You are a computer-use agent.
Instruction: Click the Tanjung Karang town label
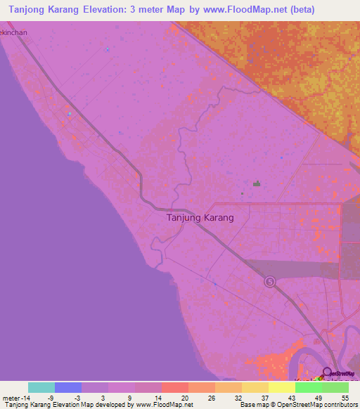(x=200, y=218)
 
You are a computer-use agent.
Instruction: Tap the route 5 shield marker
(x=270, y=282)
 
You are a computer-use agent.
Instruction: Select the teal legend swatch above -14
(x=41, y=387)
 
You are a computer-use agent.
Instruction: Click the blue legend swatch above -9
(x=68, y=387)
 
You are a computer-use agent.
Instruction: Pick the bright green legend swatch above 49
(x=308, y=387)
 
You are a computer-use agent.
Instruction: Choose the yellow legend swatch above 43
(x=281, y=387)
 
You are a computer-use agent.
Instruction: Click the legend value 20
(x=184, y=397)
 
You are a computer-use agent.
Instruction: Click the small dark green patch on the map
(x=257, y=184)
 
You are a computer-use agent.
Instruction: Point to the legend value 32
(x=238, y=397)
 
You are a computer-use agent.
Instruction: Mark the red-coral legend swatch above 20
(x=174, y=387)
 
